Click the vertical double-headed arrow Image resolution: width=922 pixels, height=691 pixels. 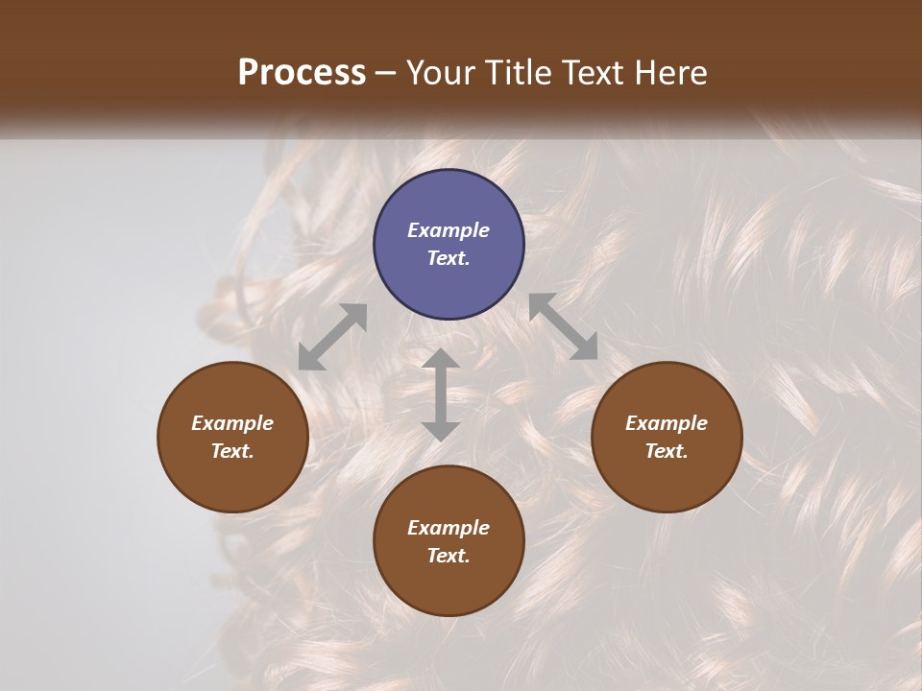pos(441,394)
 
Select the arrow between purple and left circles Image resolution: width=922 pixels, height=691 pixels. pos(332,337)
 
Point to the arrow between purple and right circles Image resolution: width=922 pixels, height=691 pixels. pos(563,326)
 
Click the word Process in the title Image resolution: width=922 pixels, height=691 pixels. pos(302,72)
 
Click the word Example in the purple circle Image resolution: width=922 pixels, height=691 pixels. pos(449,230)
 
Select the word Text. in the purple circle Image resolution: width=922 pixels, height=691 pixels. pos(449,258)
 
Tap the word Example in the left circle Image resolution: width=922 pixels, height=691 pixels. pos(232,423)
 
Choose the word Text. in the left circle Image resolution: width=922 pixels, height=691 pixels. pos(232,451)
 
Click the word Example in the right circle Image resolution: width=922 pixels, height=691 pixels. pos(667,423)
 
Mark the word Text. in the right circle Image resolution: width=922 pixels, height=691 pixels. pos(667,451)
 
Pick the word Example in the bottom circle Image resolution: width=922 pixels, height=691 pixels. pos(449,528)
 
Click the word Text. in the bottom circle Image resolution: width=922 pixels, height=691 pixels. pos(449,556)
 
